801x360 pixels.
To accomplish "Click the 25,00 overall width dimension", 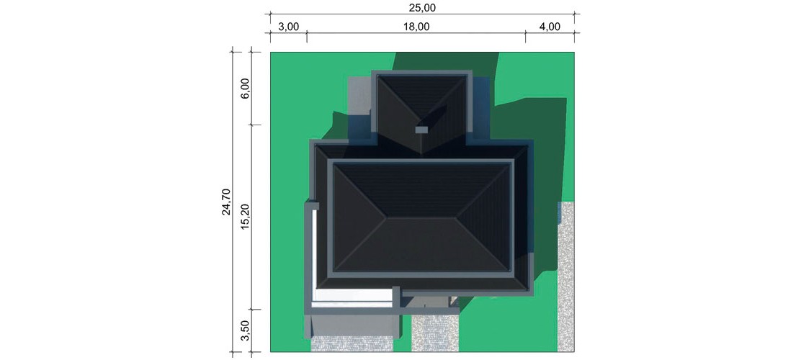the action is tap(422, 8).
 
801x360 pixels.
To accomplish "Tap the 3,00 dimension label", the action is tap(289, 27).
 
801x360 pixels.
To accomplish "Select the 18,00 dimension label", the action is tap(416, 27).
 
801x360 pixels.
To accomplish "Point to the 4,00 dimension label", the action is tap(550, 27).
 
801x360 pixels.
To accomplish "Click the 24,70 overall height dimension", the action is tap(226, 202).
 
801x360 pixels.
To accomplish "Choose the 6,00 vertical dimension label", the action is tap(245, 89).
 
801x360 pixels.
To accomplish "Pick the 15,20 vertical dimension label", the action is tap(245, 217).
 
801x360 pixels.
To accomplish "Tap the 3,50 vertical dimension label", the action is tap(245, 333).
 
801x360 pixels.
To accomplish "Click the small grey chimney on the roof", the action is tap(421, 130).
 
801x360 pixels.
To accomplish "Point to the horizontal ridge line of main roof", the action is tap(421, 218).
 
